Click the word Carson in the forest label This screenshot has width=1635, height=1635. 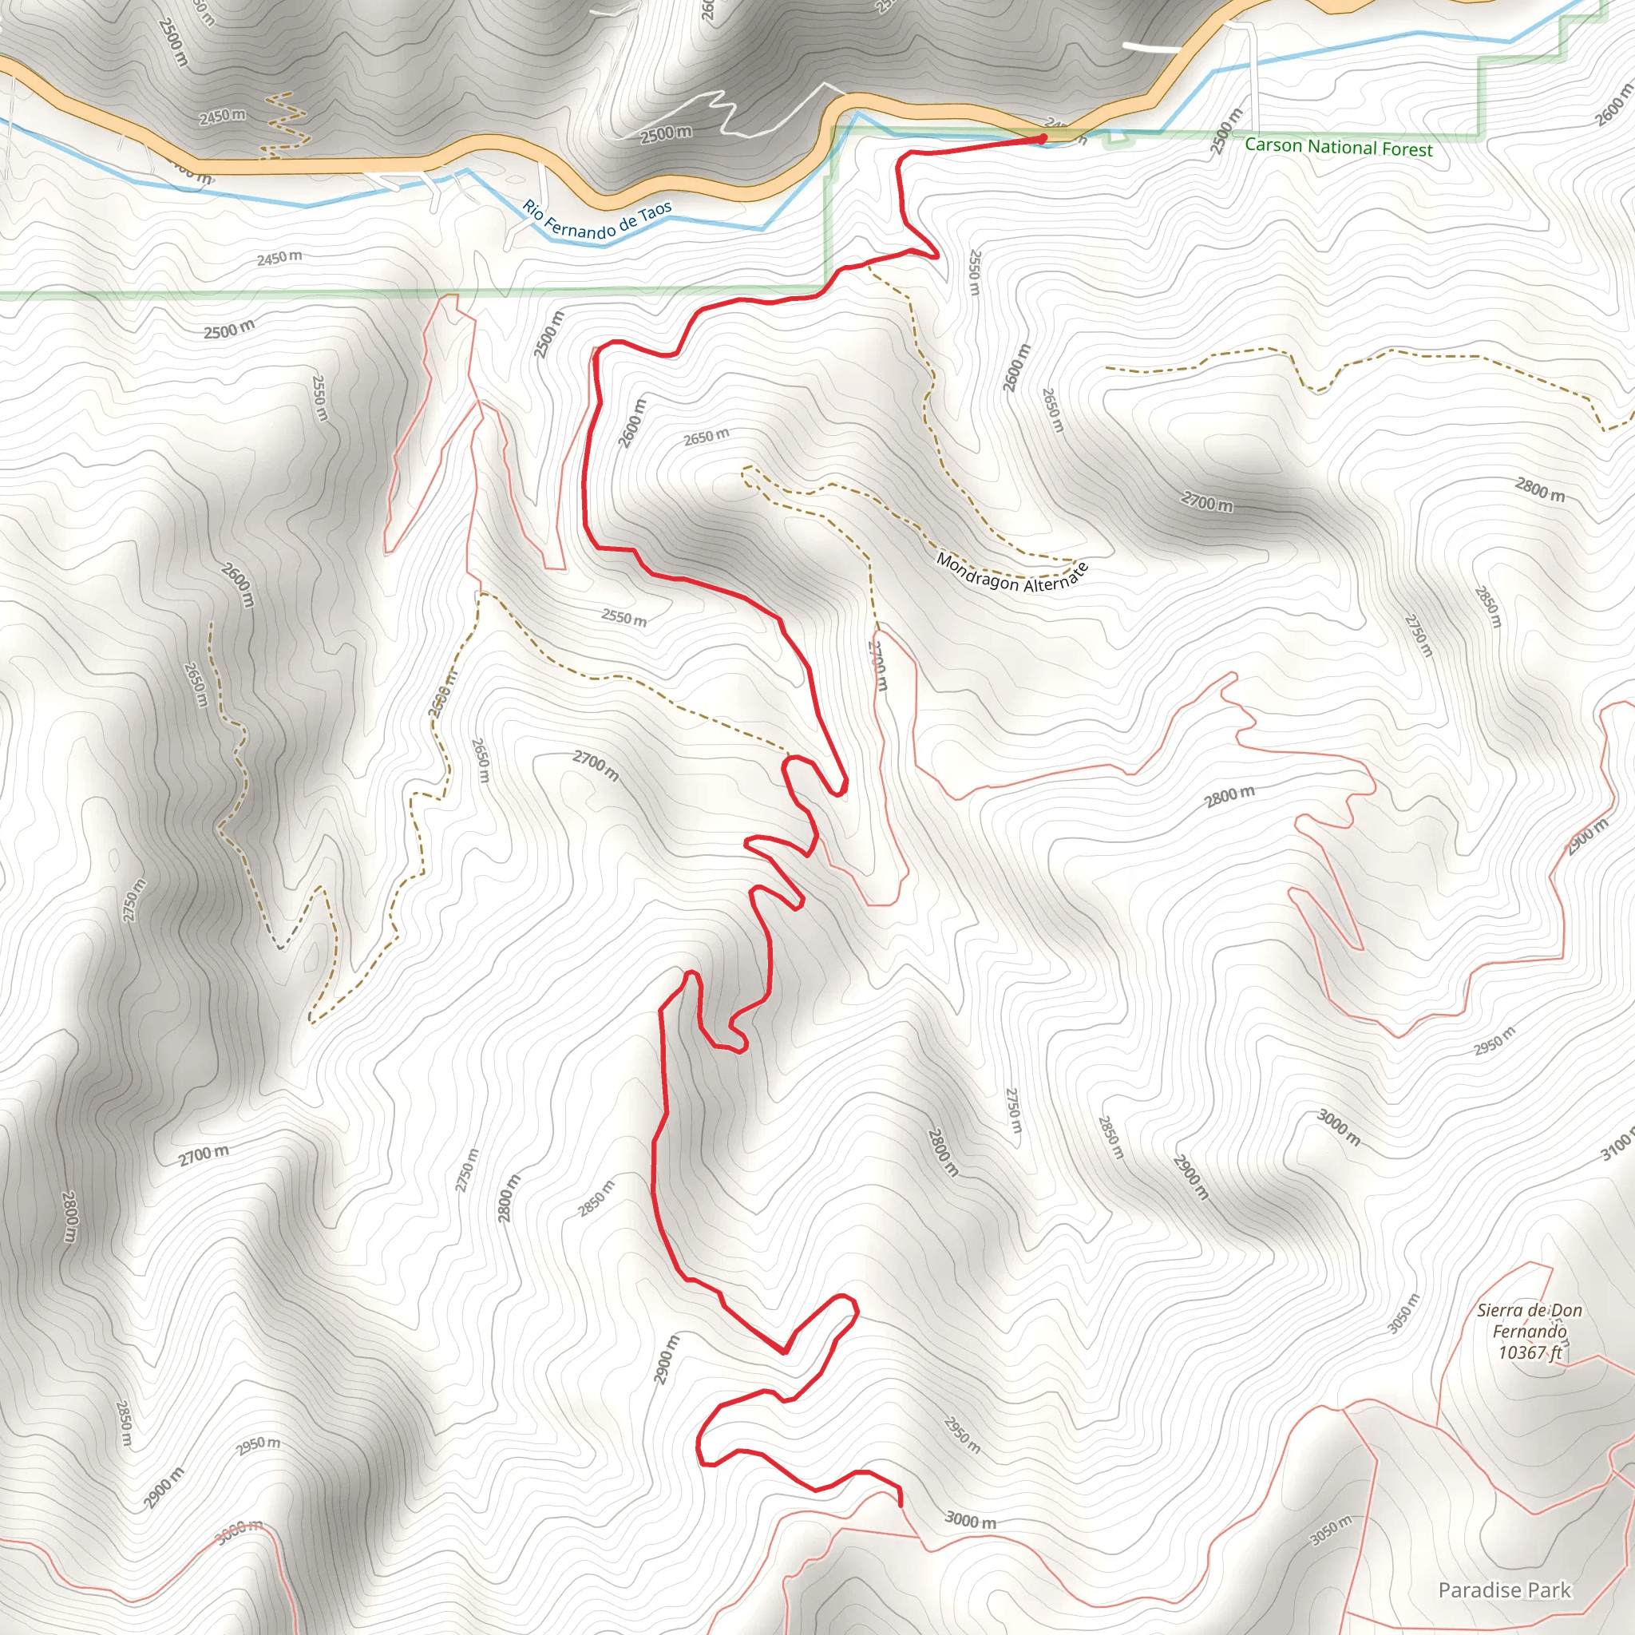[1273, 144]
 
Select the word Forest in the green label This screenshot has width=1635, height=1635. [1407, 150]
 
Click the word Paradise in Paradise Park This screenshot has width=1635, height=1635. [1477, 1590]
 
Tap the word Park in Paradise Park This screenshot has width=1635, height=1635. [1548, 1590]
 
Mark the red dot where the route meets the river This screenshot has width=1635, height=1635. [1043, 137]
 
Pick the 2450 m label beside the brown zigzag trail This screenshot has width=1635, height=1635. [223, 116]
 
